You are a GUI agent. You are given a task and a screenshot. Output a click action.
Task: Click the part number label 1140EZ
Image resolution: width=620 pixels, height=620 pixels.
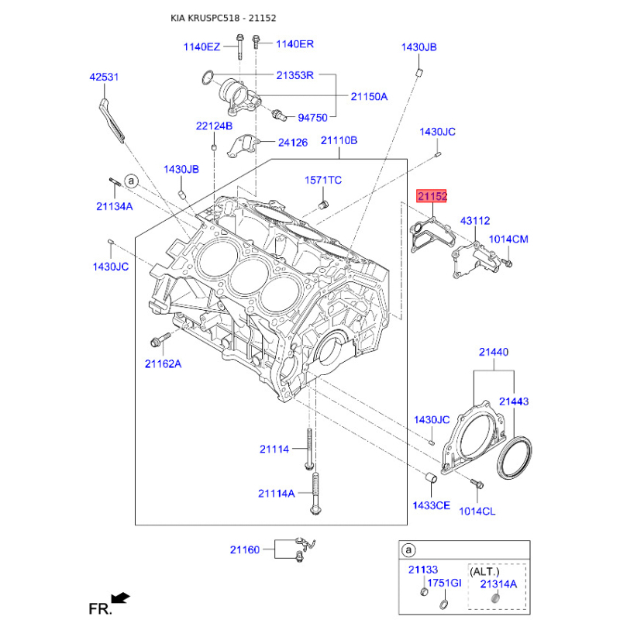pos(201,46)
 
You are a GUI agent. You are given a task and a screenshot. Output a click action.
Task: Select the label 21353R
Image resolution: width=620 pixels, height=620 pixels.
pos(294,75)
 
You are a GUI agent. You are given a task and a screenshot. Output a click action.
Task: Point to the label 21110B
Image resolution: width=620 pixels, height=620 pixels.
pos(339,140)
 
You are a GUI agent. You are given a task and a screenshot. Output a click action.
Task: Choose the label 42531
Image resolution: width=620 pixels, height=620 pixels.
pos(105,77)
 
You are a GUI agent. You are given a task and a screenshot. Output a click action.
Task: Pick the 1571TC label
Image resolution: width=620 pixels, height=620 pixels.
pos(323,180)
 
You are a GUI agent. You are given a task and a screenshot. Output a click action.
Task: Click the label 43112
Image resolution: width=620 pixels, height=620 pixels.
pos(475,221)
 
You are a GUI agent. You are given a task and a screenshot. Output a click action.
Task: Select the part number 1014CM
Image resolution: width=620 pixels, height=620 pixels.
pos(508,239)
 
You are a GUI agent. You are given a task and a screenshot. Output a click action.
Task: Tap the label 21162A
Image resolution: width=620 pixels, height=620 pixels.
pos(162,363)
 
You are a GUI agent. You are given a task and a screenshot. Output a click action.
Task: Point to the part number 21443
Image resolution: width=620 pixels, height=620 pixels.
pos(514,401)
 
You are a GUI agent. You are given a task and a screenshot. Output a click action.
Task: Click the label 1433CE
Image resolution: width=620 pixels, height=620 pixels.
pos(431,505)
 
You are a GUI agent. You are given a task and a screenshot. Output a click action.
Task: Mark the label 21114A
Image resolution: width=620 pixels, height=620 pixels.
pos(277,493)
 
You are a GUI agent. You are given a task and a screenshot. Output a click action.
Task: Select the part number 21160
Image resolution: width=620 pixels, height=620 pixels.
pos(244,549)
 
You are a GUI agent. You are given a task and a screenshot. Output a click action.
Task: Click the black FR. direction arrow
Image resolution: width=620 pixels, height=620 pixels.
pos(120,597)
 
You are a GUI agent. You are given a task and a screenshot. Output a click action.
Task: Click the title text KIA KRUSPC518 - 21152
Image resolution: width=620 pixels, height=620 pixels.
pos(224,18)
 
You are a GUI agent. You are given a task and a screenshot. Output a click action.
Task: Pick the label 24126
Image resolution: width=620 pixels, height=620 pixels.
pos(293,143)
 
